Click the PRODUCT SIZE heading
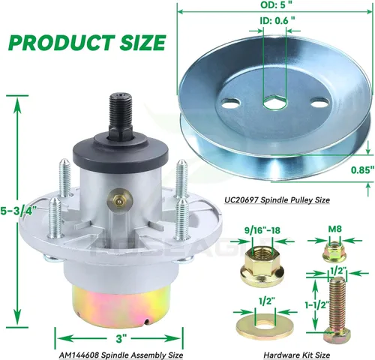tap(87, 43)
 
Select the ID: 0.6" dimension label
tap(277, 20)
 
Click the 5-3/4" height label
tap(17, 210)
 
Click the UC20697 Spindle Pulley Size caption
tap(277, 200)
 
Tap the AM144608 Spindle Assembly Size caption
tap(121, 355)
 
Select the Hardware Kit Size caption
tap(297, 355)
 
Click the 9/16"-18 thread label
tap(262, 230)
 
